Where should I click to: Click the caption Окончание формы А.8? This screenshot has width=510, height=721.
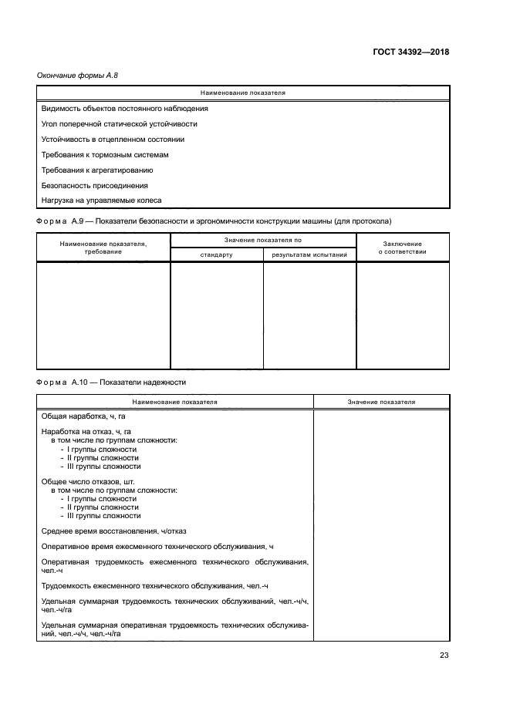[77, 75]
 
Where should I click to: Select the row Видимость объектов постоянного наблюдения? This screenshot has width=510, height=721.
[124, 109]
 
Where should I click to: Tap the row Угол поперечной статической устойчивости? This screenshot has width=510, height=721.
[119, 124]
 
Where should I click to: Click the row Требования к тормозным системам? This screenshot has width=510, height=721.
[104, 155]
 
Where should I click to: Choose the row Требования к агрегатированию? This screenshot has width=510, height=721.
[97, 170]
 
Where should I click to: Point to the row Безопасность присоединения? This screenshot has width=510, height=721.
[94, 186]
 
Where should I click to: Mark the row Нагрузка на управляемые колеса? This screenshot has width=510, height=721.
[101, 200]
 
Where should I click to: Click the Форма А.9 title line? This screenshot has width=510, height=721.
[214, 221]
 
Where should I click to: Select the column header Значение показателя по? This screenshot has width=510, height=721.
[263, 241]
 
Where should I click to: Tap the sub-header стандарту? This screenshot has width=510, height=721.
[216, 254]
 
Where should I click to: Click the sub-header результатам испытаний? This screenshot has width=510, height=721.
[309, 254]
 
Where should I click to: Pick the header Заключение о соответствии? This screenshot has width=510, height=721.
[402, 248]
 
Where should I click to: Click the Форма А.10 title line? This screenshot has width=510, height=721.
[111, 382]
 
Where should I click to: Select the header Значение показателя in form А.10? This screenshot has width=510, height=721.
[381, 402]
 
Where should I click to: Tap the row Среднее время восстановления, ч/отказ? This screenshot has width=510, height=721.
[113, 531]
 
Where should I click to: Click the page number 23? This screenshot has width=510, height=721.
[444, 655]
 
